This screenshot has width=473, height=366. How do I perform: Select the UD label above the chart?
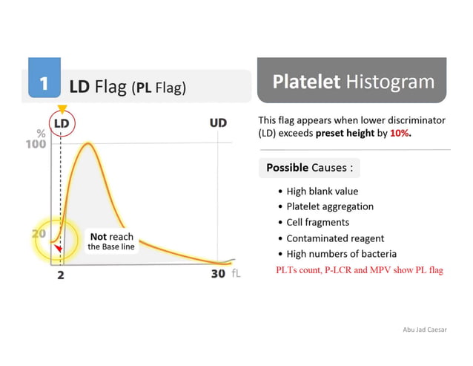pos(217,122)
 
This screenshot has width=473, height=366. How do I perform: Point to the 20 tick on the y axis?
pos(39,232)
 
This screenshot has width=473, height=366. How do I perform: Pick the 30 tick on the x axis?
pos(217,274)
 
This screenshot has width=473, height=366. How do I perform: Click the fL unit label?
pos(236,274)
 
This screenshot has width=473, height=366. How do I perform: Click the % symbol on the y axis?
pos(42,134)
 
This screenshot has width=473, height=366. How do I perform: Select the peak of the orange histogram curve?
pos(87,143)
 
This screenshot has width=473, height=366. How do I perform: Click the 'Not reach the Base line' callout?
pos(111,241)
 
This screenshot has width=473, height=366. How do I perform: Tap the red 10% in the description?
pos(398,134)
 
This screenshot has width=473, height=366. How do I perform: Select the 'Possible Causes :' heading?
pos(309,168)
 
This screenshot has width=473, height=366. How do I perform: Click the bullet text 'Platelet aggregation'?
pos(330,206)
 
